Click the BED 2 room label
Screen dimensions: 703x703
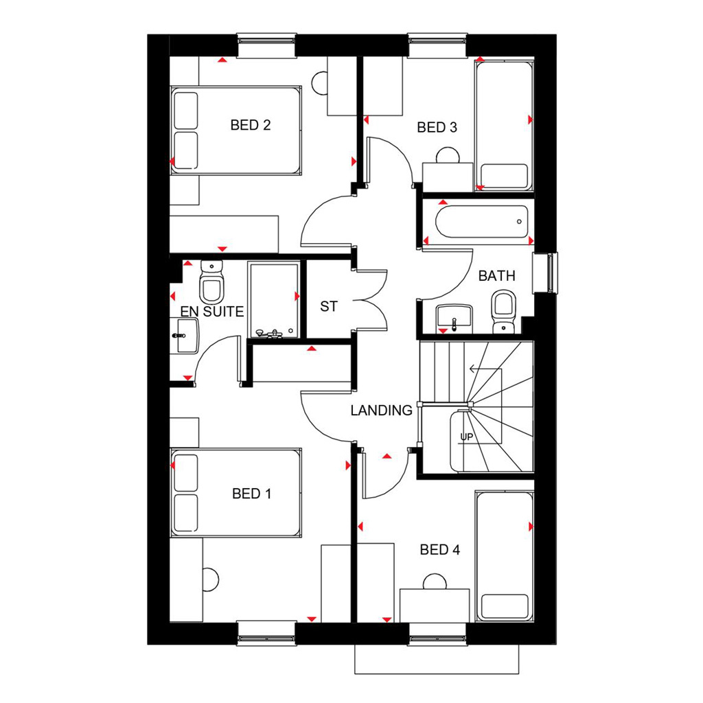[251, 125]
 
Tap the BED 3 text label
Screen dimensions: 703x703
[437, 127]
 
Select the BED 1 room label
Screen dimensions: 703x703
[251, 494]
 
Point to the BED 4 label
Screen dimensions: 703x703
[440, 550]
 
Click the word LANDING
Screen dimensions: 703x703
[382, 411]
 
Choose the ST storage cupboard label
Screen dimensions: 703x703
[329, 307]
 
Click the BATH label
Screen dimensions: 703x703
[497, 276]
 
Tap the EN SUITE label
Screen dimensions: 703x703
[212, 311]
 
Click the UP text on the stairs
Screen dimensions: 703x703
[467, 437]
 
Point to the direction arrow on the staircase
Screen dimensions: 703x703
[477, 369]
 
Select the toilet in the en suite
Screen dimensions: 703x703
[211, 282]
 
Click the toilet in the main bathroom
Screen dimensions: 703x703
[504, 312]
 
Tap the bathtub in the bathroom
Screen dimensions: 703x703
[482, 222]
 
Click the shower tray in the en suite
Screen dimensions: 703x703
[274, 299]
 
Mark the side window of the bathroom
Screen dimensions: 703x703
[546, 273]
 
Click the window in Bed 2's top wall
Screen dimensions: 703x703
[266, 45]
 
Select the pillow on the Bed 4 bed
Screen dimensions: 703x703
[505, 607]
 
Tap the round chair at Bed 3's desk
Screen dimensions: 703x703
[448, 155]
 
